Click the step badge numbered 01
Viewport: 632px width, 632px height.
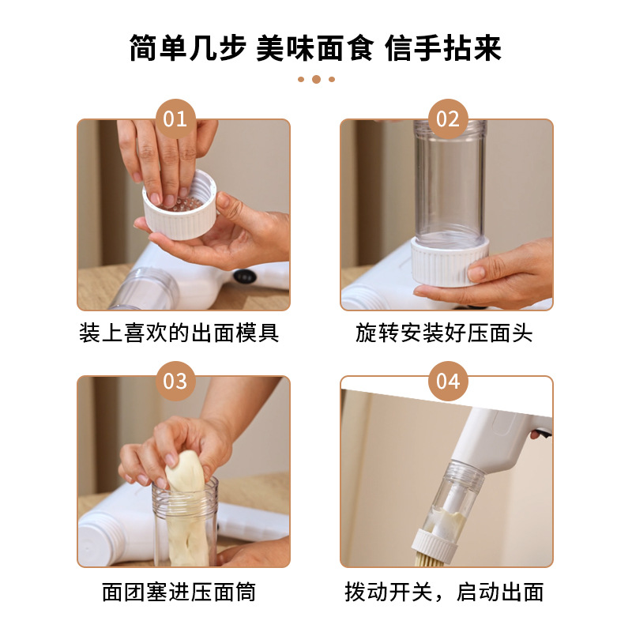point(175,119)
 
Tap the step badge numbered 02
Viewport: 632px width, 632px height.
point(447,119)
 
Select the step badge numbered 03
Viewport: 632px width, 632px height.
point(175,381)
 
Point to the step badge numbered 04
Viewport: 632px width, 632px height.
point(447,381)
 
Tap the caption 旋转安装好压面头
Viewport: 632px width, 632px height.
point(444,333)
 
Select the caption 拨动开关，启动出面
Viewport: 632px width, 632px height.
point(444,592)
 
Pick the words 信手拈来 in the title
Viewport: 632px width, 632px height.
point(443,47)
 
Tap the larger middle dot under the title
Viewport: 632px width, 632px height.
point(316,79)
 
